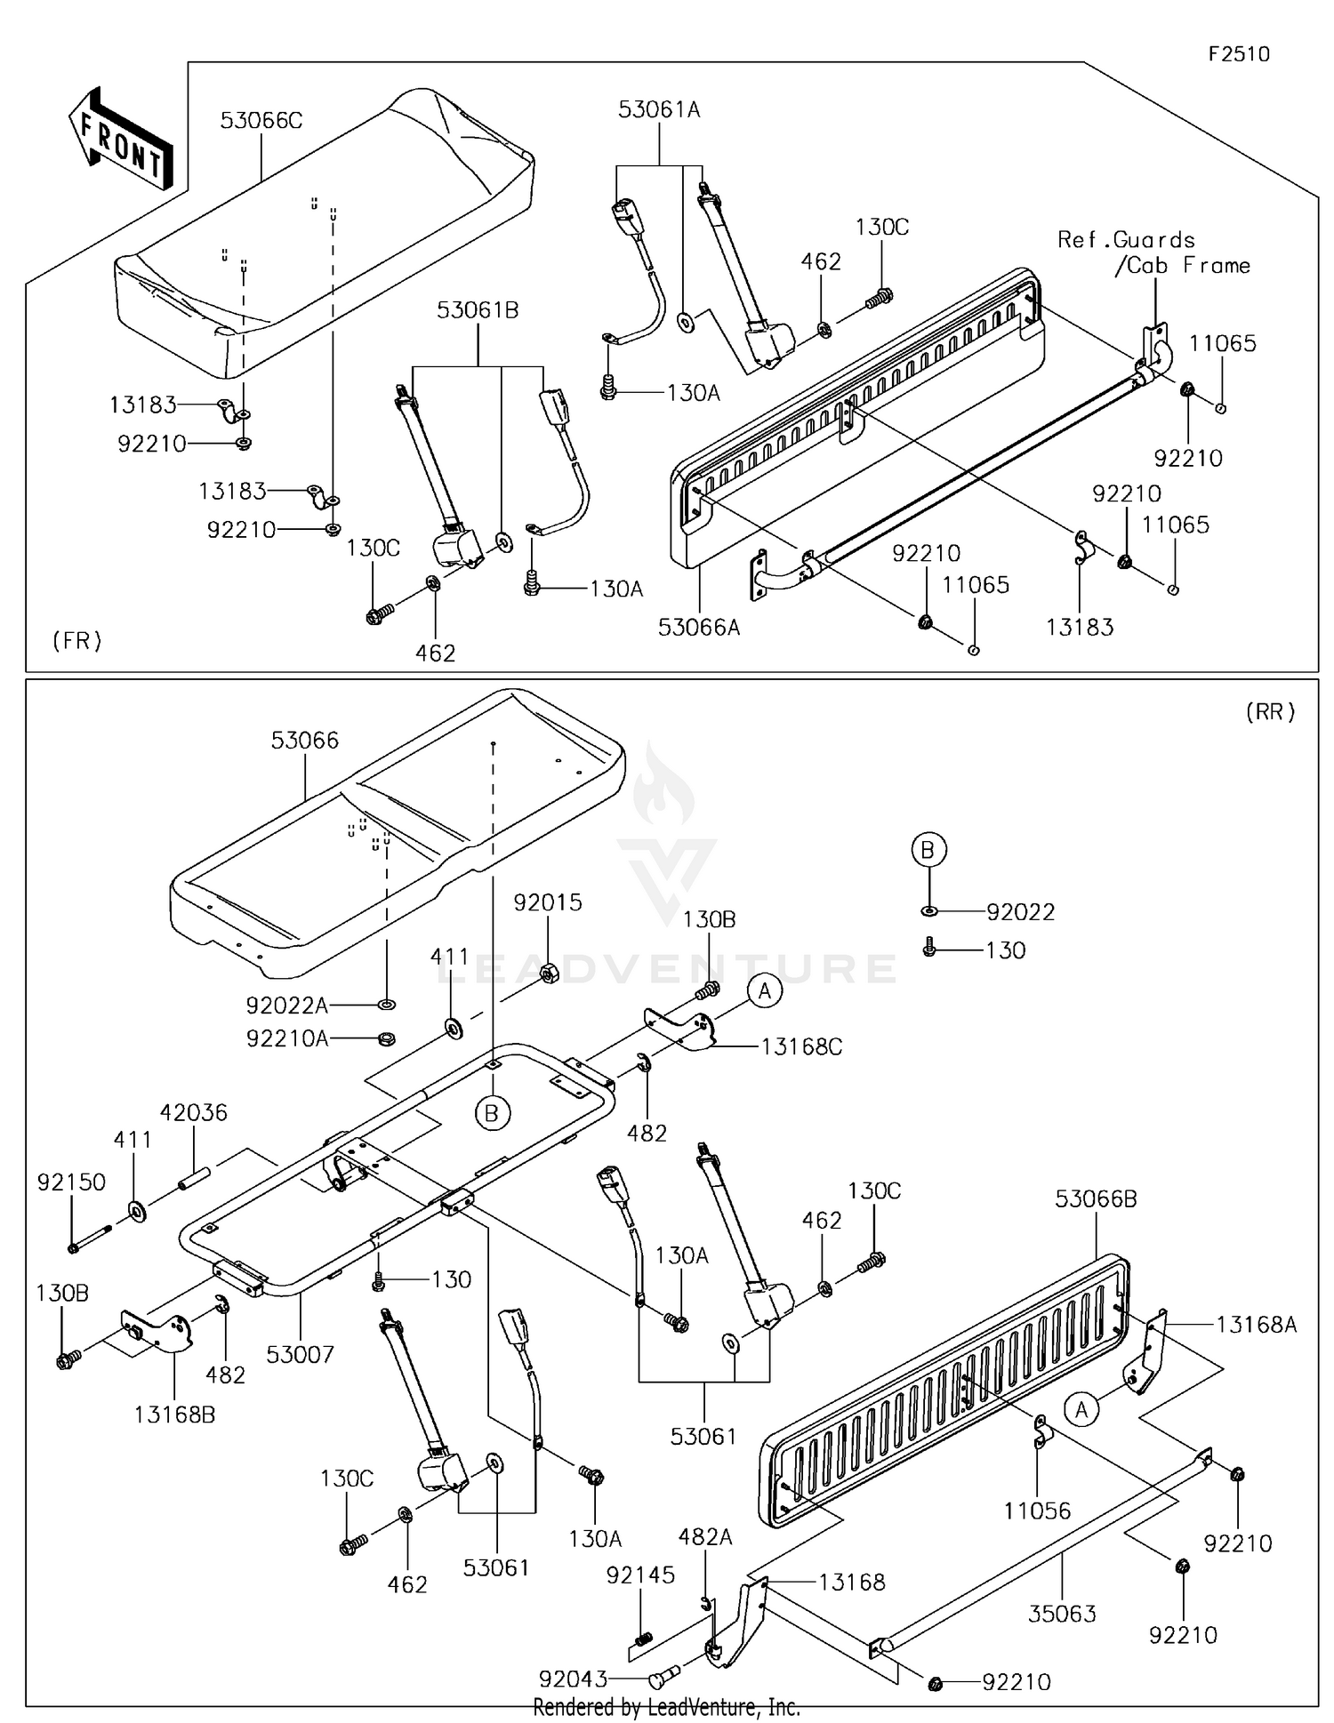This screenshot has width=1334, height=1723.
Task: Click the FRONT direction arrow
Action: point(121,139)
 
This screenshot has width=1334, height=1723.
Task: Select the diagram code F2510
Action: point(1239,54)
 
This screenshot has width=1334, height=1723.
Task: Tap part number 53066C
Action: point(261,121)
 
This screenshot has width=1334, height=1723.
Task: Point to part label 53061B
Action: point(478,311)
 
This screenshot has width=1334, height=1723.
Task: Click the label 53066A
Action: point(699,628)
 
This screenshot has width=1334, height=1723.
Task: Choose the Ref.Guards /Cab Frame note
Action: point(1153,252)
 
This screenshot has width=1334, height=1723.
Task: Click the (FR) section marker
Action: point(77,640)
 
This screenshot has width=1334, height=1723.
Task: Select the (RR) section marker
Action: point(1270,711)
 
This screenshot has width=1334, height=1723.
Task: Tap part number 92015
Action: point(548,902)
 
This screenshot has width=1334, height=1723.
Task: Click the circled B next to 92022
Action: point(928,851)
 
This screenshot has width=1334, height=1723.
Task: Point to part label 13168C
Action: point(801,1047)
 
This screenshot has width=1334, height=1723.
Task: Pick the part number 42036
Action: point(194,1113)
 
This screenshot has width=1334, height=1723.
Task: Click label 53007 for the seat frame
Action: point(301,1355)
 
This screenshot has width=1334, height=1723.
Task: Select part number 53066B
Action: point(1096,1199)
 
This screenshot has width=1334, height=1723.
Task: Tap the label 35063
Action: point(1062,1614)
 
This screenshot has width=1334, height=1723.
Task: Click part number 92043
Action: point(574,1679)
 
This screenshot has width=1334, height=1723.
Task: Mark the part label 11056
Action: point(1037,1511)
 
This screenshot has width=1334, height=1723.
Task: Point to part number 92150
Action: point(71,1182)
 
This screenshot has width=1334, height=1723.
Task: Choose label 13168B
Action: point(174,1414)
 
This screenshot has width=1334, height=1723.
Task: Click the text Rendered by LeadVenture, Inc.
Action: point(666,1707)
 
